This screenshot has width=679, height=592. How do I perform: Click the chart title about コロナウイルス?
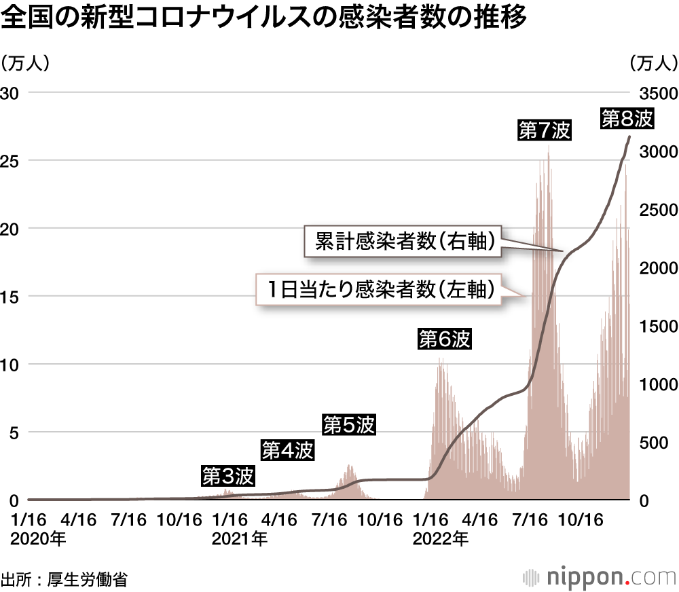264,19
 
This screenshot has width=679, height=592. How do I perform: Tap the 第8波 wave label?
627,119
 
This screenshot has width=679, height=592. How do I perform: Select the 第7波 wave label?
544,131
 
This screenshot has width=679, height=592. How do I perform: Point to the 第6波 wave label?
444,339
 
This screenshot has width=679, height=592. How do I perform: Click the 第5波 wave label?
348,426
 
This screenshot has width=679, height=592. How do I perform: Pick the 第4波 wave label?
288,450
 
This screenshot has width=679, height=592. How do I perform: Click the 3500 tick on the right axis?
654,92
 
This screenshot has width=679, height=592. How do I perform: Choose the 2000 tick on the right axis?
654,267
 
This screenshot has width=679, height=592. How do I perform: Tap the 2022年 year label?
438,540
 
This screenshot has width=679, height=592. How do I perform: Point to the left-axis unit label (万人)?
25,63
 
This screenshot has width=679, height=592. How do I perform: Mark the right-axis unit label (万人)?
653,63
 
